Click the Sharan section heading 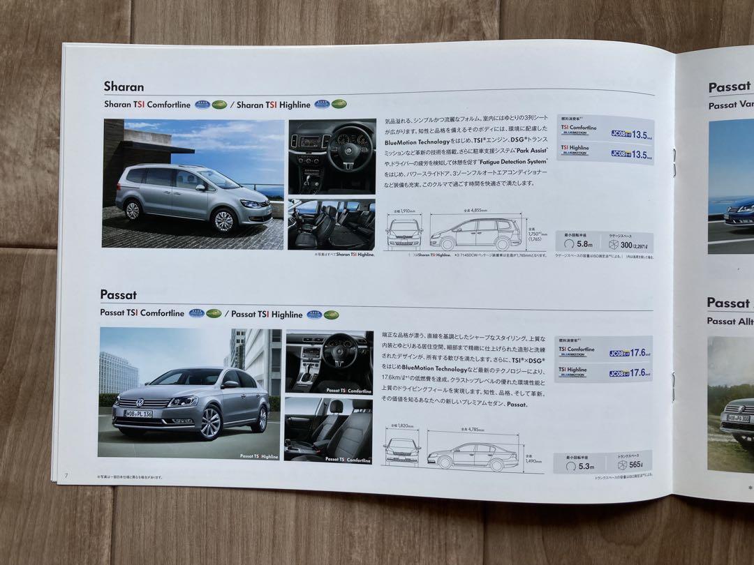click(x=124, y=87)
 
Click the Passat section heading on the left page click(x=118, y=295)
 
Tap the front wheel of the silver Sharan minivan click(x=223, y=220)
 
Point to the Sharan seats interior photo click(x=331, y=225)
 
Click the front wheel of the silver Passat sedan click(x=210, y=423)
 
